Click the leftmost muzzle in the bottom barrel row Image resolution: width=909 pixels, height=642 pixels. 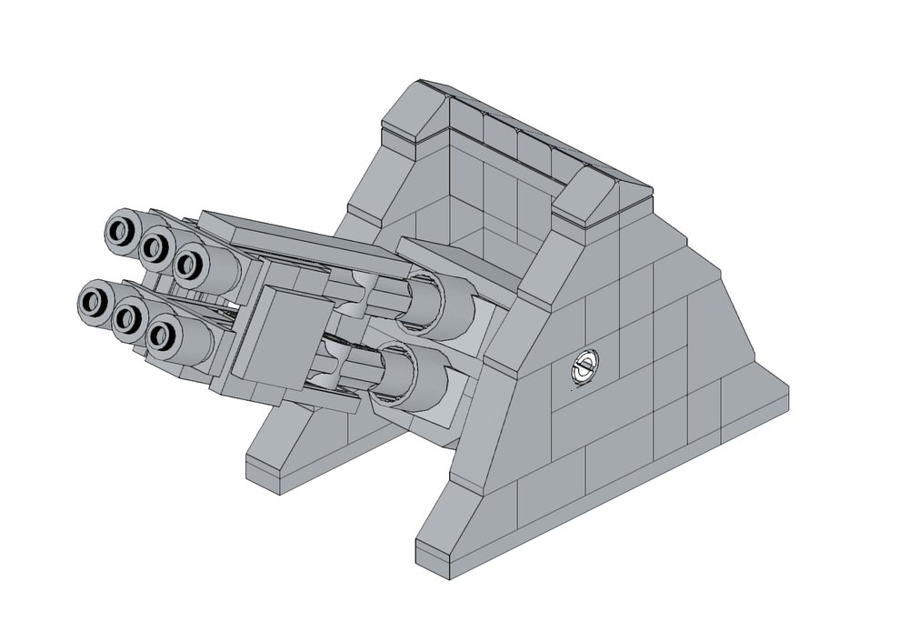click(x=92, y=301)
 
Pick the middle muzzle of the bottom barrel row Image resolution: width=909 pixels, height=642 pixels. click(x=127, y=317)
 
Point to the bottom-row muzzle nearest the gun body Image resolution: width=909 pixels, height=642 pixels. click(x=161, y=336)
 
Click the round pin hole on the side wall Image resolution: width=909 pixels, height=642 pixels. click(x=584, y=368)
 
